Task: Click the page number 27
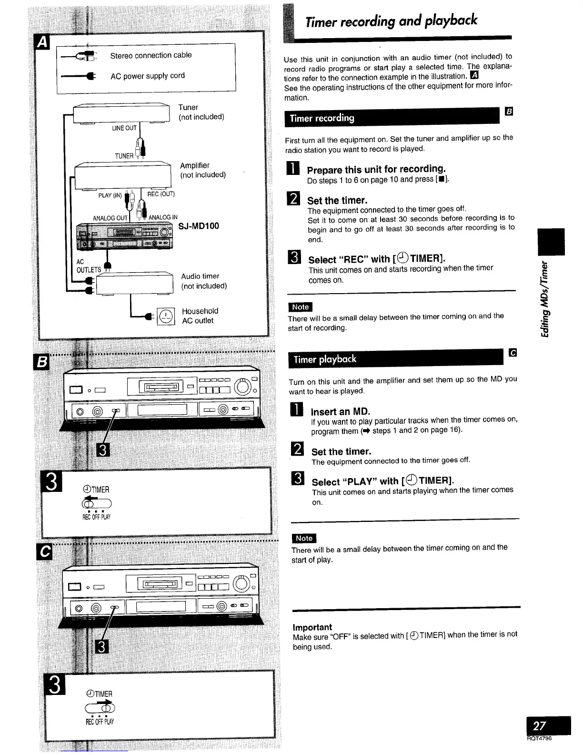point(540,725)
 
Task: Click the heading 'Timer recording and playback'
point(391,21)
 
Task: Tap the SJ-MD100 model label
point(199,226)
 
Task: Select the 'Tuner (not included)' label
point(201,112)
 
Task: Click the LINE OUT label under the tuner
point(124,128)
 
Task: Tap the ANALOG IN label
point(163,217)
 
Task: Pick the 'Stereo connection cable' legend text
point(151,55)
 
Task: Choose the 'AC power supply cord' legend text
point(147,76)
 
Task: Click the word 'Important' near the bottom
point(312,627)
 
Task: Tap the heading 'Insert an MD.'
point(340,411)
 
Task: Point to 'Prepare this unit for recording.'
point(376,170)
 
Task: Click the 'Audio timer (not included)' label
point(203,281)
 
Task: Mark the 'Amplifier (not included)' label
point(202,170)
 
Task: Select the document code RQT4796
point(540,739)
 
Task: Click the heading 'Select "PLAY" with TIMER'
point(382,481)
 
